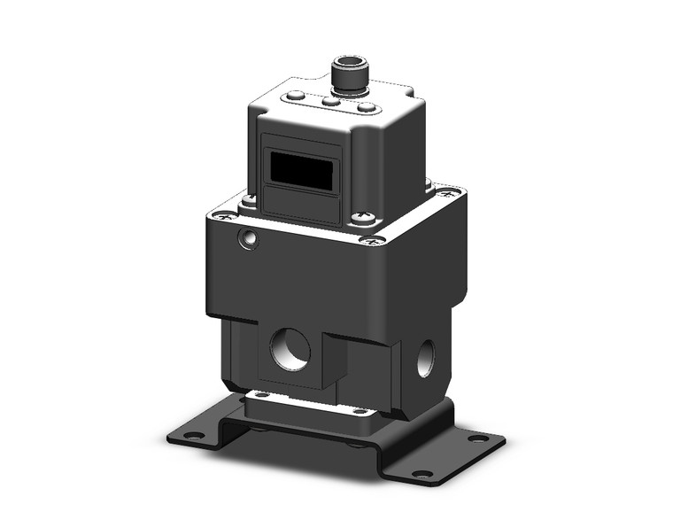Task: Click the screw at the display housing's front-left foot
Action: click(x=251, y=201)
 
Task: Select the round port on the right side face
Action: click(x=425, y=355)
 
